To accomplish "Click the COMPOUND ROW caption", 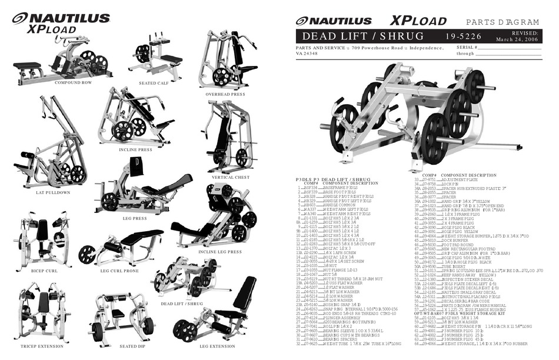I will point(73,82).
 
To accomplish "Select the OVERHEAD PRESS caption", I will point(225,94).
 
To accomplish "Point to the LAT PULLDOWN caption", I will point(52,192).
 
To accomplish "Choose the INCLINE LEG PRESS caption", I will point(219,251).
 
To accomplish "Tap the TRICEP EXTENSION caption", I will point(42,346).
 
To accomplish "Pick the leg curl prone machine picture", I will point(121,247).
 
